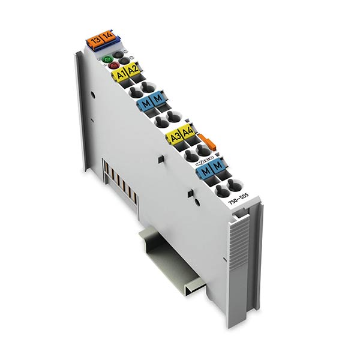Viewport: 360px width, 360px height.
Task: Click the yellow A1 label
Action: [120, 76]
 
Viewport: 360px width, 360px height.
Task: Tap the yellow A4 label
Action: [187, 131]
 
